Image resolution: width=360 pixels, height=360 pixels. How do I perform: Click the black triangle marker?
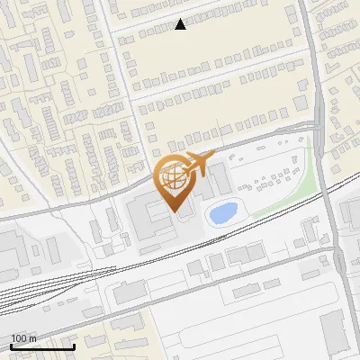point(180,24)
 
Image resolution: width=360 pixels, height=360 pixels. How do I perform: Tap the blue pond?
point(222,213)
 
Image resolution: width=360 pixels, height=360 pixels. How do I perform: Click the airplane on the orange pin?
point(197,165)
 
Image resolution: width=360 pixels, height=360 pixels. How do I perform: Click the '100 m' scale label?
point(23,338)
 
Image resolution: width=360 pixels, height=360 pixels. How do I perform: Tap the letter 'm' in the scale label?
point(32,338)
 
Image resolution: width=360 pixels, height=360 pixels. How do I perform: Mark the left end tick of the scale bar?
point(11,346)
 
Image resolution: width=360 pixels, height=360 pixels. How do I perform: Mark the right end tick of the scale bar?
point(74,346)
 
